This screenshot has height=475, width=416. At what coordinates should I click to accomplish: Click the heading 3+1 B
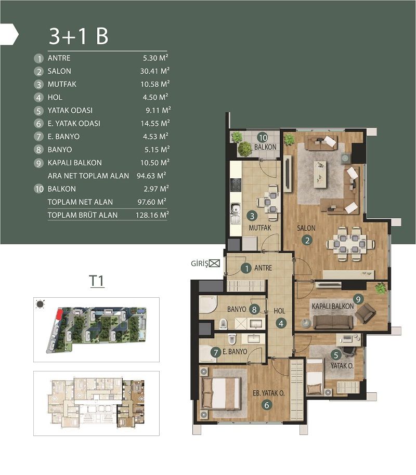pyautogui.click(x=78, y=36)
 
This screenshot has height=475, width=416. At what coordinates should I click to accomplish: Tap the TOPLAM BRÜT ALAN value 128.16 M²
pyautogui.click(x=151, y=215)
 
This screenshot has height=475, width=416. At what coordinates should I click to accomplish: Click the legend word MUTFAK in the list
pyautogui.click(x=62, y=84)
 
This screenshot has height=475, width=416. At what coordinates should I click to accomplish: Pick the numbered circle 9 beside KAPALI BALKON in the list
pyautogui.click(x=38, y=163)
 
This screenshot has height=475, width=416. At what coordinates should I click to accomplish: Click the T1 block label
pyautogui.click(x=97, y=281)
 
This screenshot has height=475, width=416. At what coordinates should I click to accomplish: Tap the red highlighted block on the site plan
pyautogui.click(x=59, y=314)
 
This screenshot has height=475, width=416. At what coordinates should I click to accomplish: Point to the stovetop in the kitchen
pyautogui.click(x=236, y=184)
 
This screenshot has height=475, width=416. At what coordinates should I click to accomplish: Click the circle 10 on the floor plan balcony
pyautogui.click(x=263, y=137)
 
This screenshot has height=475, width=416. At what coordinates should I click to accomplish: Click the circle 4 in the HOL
pyautogui.click(x=281, y=323)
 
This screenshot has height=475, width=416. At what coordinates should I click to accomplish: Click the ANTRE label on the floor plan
pyautogui.click(x=263, y=268)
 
